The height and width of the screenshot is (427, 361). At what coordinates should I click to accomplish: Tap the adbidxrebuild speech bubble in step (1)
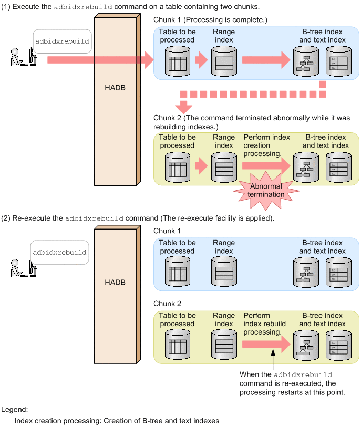click(x=62, y=40)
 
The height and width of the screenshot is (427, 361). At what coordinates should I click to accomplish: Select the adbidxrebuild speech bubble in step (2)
click(x=59, y=252)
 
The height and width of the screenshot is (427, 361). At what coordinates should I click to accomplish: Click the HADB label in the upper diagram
click(x=115, y=88)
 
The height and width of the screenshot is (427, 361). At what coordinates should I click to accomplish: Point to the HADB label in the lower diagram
click(x=115, y=283)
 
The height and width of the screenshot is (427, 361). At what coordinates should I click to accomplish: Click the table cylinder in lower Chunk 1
click(x=177, y=273)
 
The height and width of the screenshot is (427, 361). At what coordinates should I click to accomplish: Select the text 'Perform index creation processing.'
click(x=266, y=145)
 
